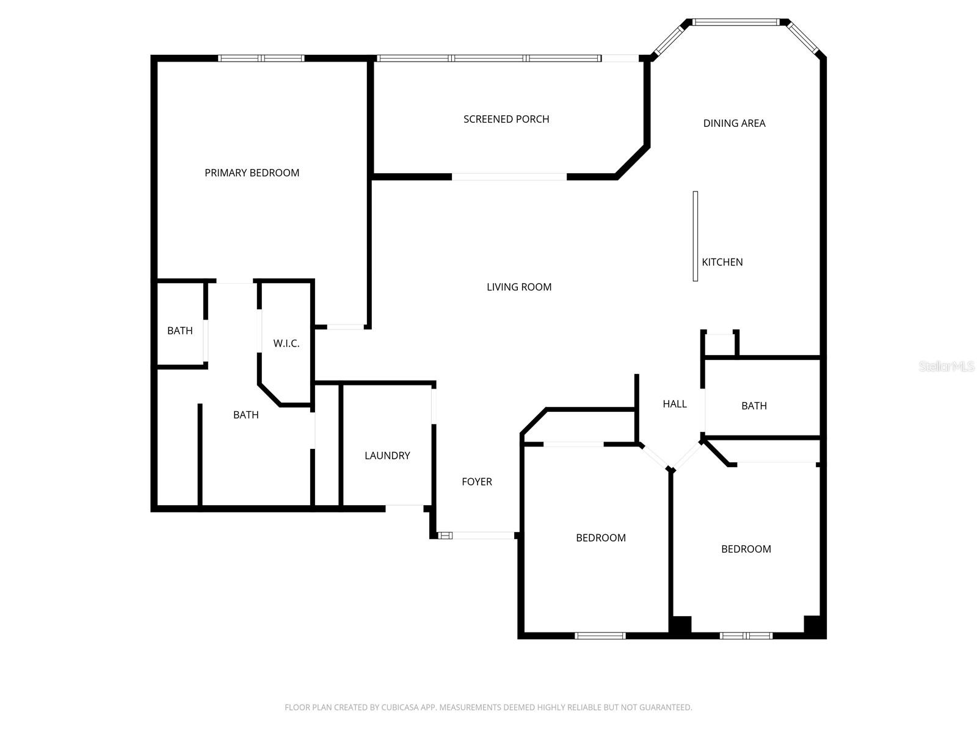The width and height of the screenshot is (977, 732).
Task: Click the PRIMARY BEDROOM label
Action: coord(252,173)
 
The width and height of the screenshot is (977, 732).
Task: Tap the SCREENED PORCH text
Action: coord(506,119)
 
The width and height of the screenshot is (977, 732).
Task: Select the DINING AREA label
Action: coord(734,123)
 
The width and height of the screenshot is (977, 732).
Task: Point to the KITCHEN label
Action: coord(722,262)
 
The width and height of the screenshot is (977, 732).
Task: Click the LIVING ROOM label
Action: coord(519,287)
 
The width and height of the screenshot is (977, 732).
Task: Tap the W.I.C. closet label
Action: coord(286,343)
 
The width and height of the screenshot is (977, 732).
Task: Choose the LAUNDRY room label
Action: coord(387,456)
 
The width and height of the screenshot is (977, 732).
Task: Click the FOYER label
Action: coord(477,482)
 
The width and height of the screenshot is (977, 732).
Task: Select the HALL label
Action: coord(675,404)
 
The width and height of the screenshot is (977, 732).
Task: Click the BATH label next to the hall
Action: coord(754,406)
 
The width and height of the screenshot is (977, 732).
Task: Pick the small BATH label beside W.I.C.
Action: coord(180,331)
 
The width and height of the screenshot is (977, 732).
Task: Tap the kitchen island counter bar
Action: coord(696,236)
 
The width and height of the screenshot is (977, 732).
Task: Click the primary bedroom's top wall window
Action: coord(261,59)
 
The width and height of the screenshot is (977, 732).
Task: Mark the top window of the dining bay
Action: coord(736,23)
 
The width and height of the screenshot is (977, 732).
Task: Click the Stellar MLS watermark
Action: coord(946,367)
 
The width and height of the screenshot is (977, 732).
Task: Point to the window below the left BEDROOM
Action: coord(600,636)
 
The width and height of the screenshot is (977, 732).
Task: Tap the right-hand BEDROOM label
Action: coord(746,549)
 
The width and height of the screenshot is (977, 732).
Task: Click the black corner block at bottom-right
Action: coord(814,626)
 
